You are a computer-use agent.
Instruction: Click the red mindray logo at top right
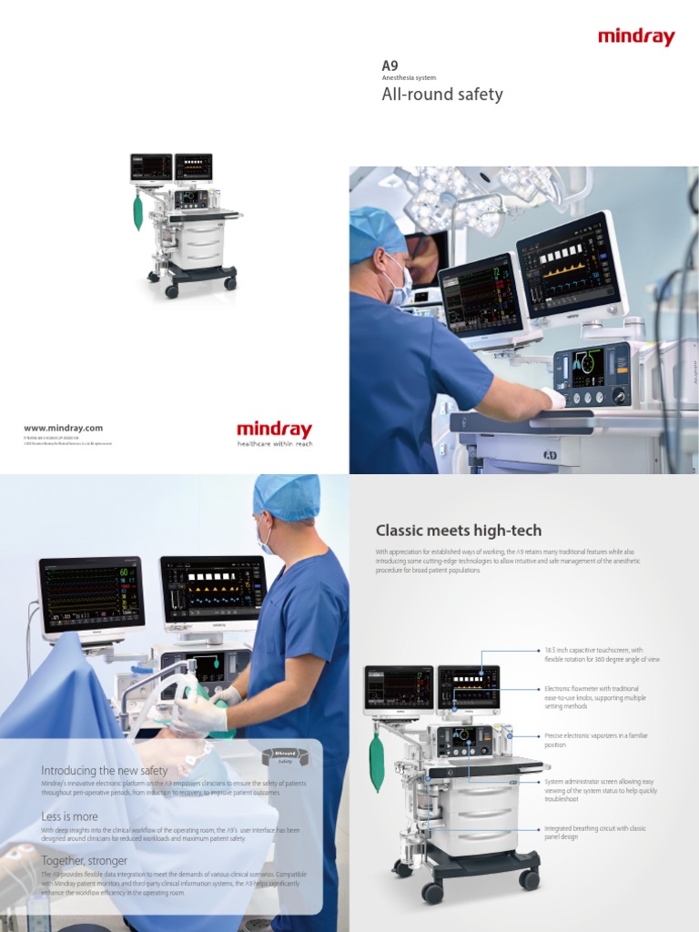tap(636, 37)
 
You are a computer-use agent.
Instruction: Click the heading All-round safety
tap(441, 95)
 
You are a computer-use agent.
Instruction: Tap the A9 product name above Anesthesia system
tap(390, 66)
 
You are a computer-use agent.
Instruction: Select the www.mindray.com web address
tap(63, 428)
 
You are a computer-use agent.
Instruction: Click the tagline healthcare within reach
tap(274, 443)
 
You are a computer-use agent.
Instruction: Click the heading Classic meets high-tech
tap(459, 531)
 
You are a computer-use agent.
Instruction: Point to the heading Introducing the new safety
tap(105, 770)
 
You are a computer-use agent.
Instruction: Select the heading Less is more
tap(70, 816)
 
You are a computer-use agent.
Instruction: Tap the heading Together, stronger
tap(85, 860)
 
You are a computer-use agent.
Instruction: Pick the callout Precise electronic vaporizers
tap(596, 740)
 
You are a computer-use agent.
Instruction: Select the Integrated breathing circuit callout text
tap(595, 833)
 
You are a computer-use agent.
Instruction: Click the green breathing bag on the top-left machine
tap(138, 211)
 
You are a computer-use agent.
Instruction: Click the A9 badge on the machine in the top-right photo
tap(550, 453)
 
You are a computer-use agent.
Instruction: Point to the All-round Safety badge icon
tap(285, 755)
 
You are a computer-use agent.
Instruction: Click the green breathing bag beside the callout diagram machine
tap(377, 761)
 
